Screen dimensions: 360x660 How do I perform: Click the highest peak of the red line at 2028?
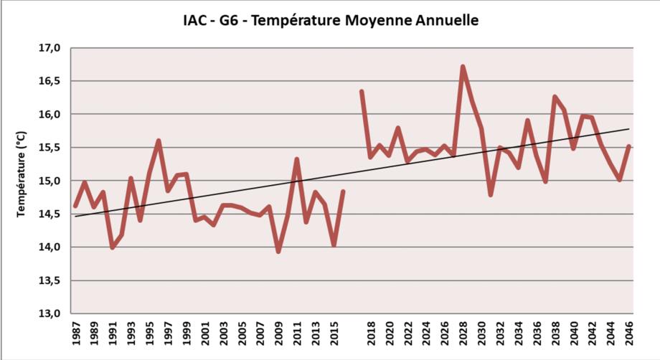click(463, 67)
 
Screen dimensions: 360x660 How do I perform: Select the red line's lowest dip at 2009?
click(278, 251)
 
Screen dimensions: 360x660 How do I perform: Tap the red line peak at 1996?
click(159, 141)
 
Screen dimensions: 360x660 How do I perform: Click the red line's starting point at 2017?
click(362, 92)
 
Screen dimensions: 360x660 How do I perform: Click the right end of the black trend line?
click(628, 129)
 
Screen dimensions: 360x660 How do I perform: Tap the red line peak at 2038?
click(555, 96)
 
